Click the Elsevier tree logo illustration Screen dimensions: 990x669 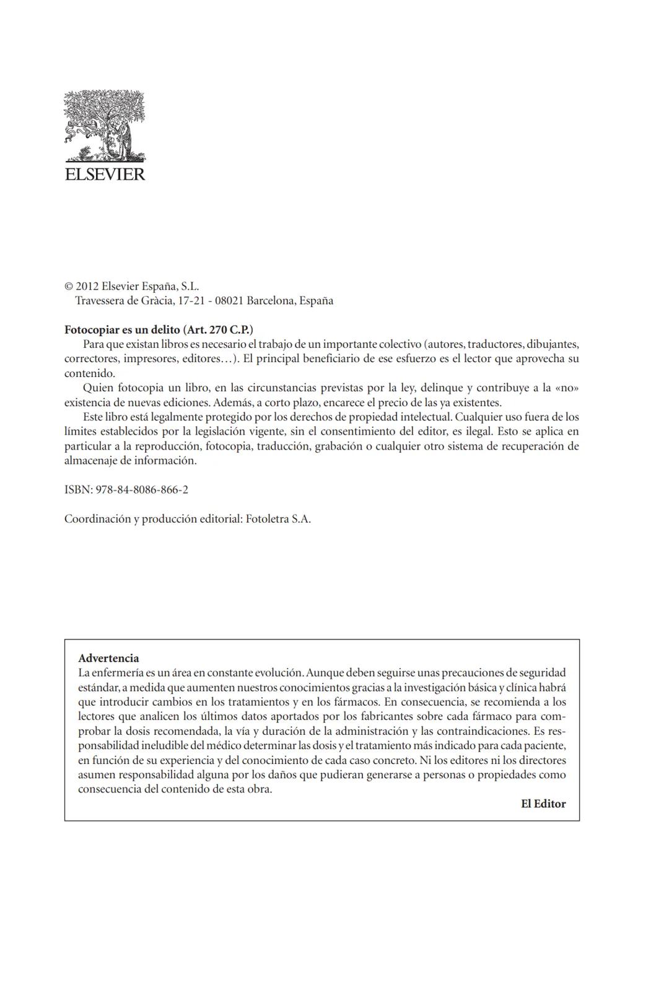pyautogui.click(x=104, y=126)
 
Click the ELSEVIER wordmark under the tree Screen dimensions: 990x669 pyautogui.click(x=105, y=174)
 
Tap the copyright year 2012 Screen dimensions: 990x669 pyautogui.click(x=87, y=287)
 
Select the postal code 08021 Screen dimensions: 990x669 pyautogui.click(x=229, y=301)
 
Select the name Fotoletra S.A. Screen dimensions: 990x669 pyautogui.click(x=278, y=519)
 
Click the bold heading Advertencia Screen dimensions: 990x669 pyautogui.click(x=108, y=658)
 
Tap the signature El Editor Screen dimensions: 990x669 pyautogui.click(x=543, y=804)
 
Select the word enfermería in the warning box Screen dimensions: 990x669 pyautogui.click(x=115, y=672)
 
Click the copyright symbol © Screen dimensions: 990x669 pyautogui.click(x=69, y=287)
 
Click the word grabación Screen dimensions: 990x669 pyautogui.click(x=338, y=446)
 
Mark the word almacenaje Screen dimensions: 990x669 pyautogui.click(x=92, y=461)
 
